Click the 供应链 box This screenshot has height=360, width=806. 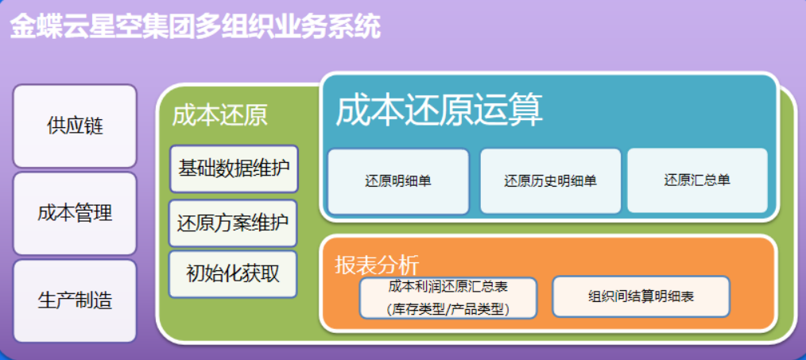coord(75,126)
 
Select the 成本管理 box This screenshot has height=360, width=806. coord(75,213)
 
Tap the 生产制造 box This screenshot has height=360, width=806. coord(75,300)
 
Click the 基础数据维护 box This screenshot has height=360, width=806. coord(234,168)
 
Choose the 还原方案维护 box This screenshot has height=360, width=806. coord(233,223)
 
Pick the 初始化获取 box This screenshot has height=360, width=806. coord(233,273)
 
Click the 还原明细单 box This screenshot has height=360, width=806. coord(398,181)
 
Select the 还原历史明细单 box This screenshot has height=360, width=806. coord(550,181)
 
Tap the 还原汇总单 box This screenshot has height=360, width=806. coord(697,180)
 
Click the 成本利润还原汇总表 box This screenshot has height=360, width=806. coord(448,297)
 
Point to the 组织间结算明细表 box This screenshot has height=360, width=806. coord(641,296)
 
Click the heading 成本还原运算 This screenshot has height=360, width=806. coord(439,111)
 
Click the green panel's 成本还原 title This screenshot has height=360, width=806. coord(219,116)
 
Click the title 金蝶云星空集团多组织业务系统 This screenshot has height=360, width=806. coord(196,27)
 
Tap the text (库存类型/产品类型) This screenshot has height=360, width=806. coord(448,308)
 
